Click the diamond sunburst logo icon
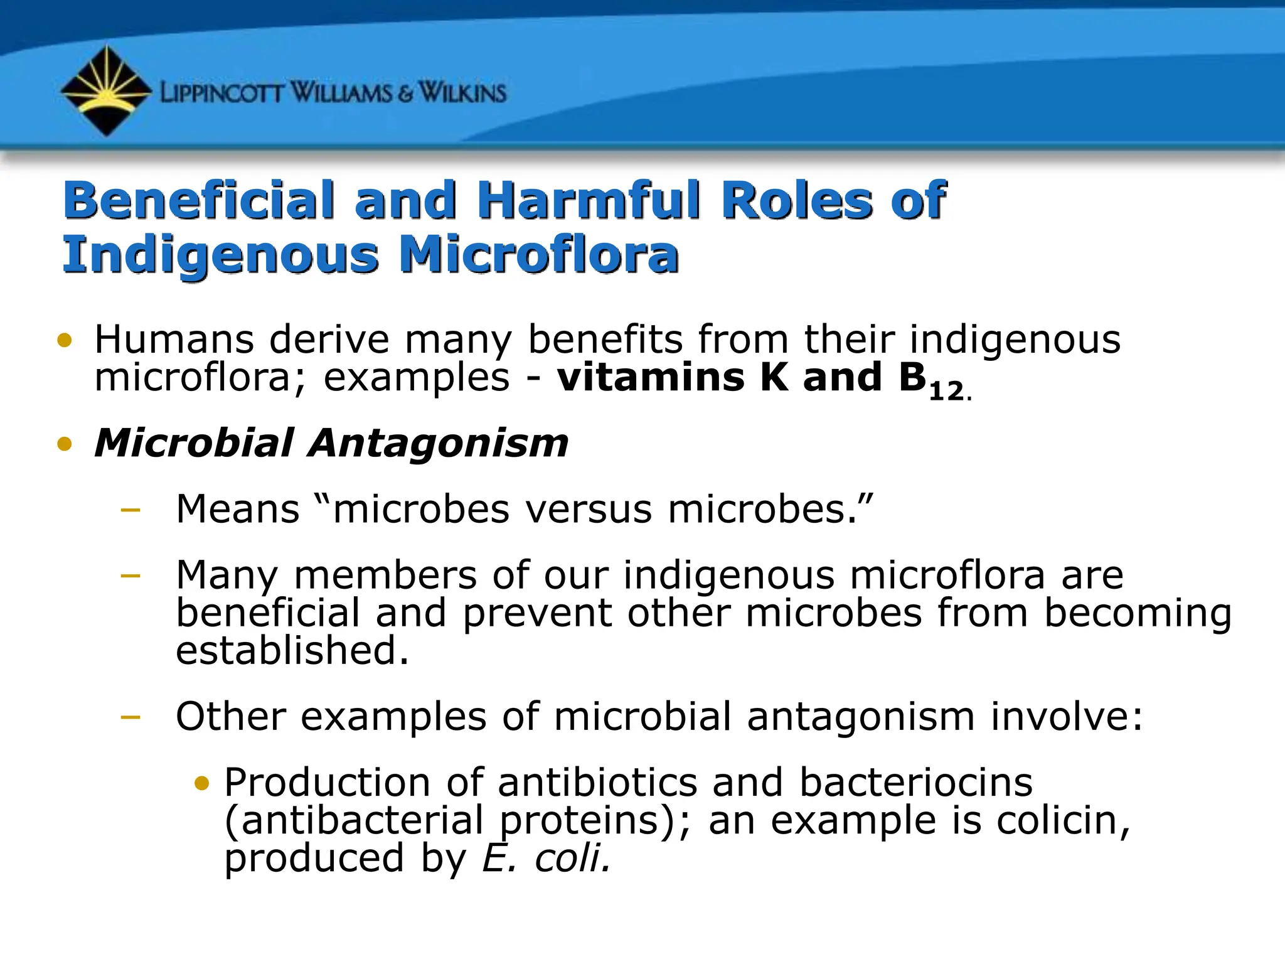(105, 91)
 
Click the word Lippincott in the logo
(223, 94)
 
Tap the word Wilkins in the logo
(462, 94)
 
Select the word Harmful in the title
(588, 200)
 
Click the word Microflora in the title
(539, 255)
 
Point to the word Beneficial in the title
(198, 200)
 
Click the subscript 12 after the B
(946, 392)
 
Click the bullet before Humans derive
(65, 341)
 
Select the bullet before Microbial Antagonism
(65, 444)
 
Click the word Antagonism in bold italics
(439, 443)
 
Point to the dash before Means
(130, 510)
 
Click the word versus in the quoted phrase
(588, 509)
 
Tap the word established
(292, 650)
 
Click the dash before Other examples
(130, 717)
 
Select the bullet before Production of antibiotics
(201, 783)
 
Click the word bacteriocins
(915, 783)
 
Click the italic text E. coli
(546, 858)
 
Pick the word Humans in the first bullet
(174, 340)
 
